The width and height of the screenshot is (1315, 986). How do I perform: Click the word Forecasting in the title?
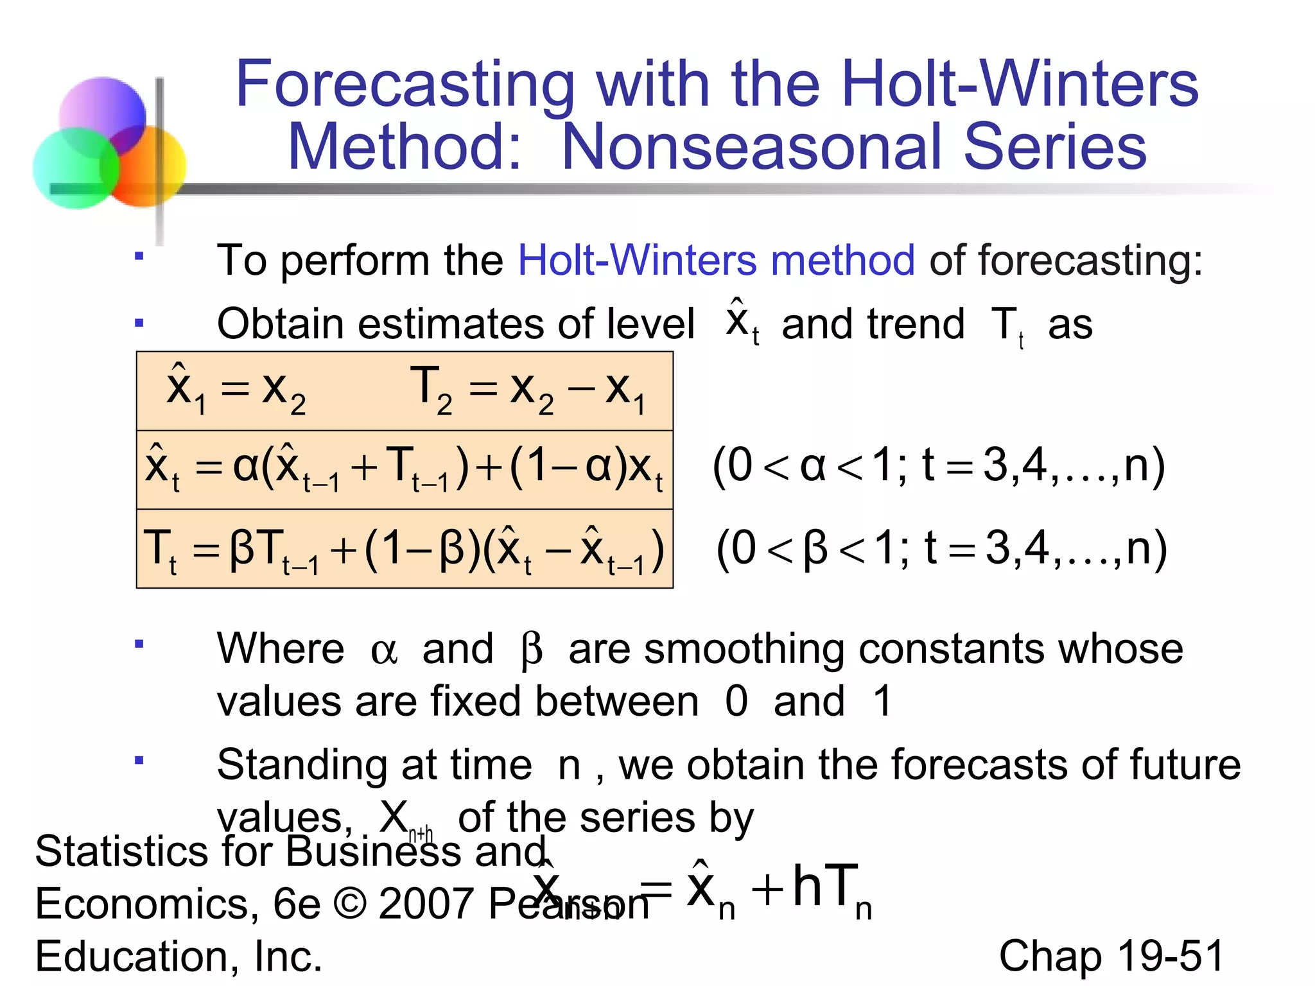tap(405, 85)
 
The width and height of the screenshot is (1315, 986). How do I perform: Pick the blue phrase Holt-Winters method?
tap(716, 260)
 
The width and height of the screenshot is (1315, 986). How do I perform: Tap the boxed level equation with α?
tap(405, 469)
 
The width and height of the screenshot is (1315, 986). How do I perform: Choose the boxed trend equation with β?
tap(405, 549)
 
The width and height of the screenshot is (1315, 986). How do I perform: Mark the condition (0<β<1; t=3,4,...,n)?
tap(941, 548)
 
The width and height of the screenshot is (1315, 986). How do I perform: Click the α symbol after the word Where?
tap(384, 650)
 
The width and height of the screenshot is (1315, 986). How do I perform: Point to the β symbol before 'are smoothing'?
tap(532, 650)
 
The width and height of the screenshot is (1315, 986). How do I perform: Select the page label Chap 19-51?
tap(1111, 956)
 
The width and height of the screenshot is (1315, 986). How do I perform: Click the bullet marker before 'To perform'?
tap(139, 257)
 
